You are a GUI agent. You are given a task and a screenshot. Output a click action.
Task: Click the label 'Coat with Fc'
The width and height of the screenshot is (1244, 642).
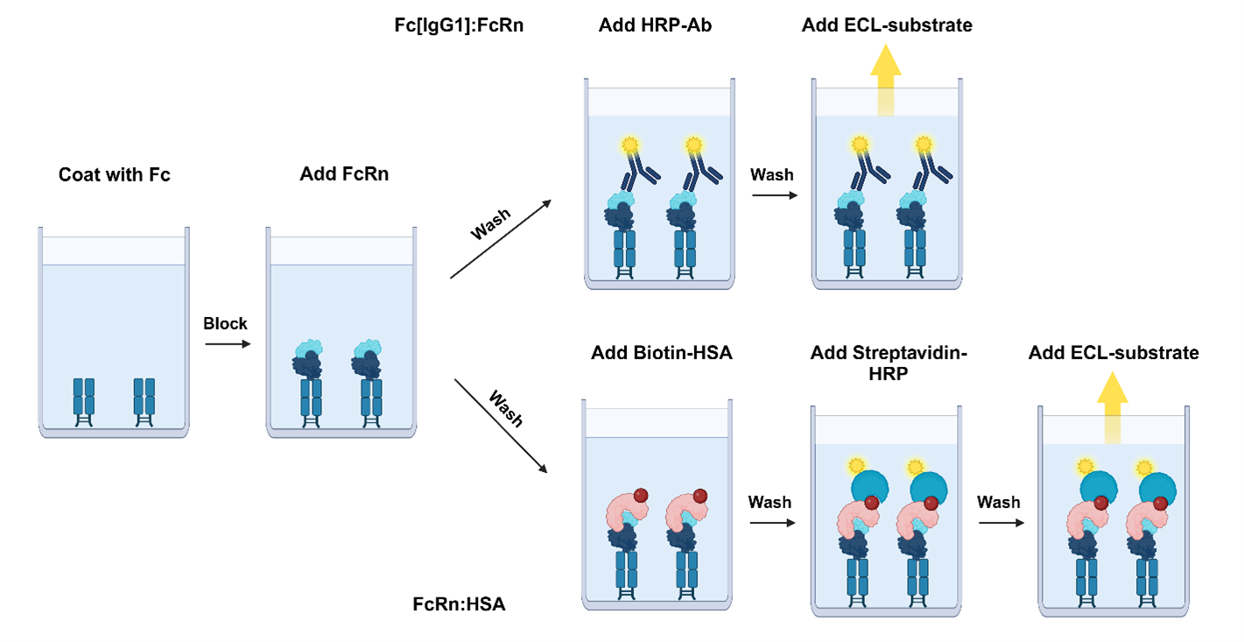(x=114, y=174)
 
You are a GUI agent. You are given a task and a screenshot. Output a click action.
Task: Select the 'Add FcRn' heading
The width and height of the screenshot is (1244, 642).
(x=343, y=174)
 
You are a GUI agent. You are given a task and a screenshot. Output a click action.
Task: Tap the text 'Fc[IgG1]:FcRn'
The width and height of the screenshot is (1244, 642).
(x=459, y=25)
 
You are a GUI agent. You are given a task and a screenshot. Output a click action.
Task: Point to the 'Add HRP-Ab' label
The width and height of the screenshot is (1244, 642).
(x=655, y=25)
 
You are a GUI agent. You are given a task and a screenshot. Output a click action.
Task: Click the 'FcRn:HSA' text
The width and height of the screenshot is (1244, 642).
(x=459, y=604)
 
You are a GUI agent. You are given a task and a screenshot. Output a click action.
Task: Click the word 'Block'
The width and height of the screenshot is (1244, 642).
(x=225, y=323)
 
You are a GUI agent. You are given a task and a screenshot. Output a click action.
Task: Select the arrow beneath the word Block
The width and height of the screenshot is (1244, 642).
(x=228, y=344)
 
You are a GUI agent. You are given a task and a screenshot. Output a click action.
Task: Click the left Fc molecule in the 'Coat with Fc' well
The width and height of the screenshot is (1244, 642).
(x=84, y=402)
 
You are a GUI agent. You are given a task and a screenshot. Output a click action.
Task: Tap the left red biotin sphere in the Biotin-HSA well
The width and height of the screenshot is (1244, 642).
(x=641, y=496)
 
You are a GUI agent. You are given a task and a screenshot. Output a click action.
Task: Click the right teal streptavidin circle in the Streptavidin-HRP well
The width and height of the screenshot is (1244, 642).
(x=930, y=487)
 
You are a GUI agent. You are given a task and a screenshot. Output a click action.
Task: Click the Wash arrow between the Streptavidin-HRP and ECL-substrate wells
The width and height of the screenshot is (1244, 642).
(x=1000, y=523)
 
